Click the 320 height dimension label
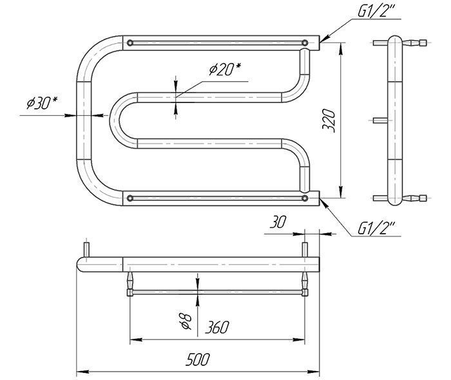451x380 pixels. (x=329, y=120)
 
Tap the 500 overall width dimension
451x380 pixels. (x=198, y=359)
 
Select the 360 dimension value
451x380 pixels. (x=217, y=327)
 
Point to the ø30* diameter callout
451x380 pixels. (x=43, y=103)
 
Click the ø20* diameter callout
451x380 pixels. (x=225, y=70)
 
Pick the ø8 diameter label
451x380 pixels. (x=186, y=321)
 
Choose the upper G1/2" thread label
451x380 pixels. (x=376, y=12)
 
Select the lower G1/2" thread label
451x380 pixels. (x=376, y=229)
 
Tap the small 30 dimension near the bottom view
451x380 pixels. (x=278, y=222)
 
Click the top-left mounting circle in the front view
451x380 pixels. (x=130, y=43)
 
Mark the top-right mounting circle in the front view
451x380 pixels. (x=305, y=43)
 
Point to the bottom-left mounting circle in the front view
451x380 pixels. (x=130, y=198)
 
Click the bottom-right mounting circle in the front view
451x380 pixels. (x=305, y=198)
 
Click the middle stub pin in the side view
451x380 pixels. (x=381, y=120)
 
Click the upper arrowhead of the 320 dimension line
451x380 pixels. (x=341, y=49)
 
